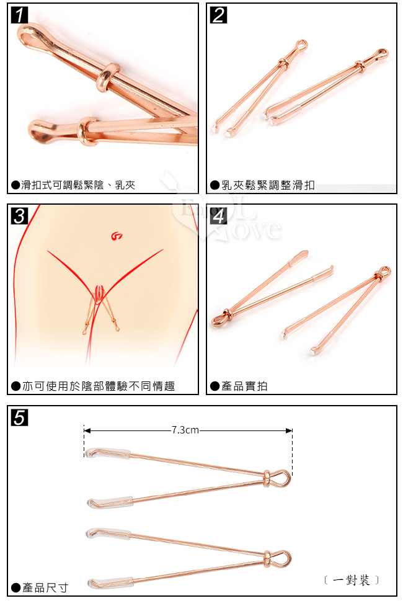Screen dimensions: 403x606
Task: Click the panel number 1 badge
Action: pyautogui.click(x=19, y=15)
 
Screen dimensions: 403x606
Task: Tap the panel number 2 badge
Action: pyautogui.click(x=218, y=15)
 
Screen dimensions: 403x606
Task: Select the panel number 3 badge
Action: pyautogui.click(x=19, y=216)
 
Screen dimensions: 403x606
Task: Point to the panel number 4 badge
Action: pyautogui.click(x=218, y=216)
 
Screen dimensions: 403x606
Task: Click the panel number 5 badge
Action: pyautogui.click(x=19, y=417)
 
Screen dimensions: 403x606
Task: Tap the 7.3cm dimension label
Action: pyautogui.click(x=185, y=430)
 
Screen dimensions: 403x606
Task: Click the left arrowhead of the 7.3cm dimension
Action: pyautogui.click(x=87, y=430)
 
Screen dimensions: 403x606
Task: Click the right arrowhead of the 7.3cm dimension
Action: pyautogui.click(x=289, y=430)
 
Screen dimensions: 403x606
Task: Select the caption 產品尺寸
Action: pyautogui.click(x=45, y=588)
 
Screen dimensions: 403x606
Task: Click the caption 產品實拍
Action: pyautogui.click(x=244, y=386)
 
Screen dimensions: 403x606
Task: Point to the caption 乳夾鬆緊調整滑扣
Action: pyautogui.click(x=268, y=185)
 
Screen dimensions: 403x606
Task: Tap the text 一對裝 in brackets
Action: pyautogui.click(x=352, y=580)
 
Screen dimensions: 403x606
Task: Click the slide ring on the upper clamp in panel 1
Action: pyautogui.click(x=108, y=76)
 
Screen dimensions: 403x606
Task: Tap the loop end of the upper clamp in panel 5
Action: pyautogui.click(x=283, y=478)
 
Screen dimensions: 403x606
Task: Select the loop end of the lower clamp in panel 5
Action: pyautogui.click(x=283, y=558)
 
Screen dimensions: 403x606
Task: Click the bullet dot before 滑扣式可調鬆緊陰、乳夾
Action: pyautogui.click(x=16, y=185)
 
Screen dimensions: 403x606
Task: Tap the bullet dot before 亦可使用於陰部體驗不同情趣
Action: pyautogui.click(x=16, y=386)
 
